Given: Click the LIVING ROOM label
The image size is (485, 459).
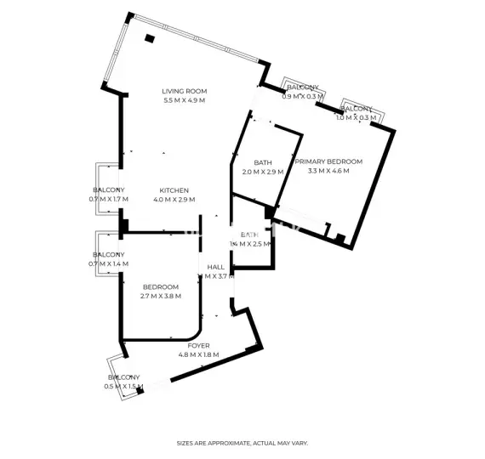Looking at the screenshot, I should (185, 92).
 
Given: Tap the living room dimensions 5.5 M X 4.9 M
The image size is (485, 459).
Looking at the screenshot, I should (185, 101).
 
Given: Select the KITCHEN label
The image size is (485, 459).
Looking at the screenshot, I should (174, 190).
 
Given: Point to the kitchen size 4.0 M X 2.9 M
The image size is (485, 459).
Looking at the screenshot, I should (174, 200).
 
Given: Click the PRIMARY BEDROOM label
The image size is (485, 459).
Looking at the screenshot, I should (328, 161).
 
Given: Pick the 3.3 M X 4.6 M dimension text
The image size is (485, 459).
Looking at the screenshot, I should (328, 171).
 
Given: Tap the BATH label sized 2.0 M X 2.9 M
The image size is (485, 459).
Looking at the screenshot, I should (262, 163).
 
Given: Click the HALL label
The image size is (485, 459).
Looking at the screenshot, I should (215, 268).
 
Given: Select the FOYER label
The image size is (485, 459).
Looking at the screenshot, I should (198, 345).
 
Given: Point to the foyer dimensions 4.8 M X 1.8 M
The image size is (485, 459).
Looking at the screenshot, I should (198, 354).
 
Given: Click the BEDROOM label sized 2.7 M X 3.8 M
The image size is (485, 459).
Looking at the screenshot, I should (160, 287).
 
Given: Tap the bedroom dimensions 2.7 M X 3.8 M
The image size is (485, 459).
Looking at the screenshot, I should (160, 297).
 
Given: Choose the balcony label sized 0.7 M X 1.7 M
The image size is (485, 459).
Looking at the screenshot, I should (108, 190).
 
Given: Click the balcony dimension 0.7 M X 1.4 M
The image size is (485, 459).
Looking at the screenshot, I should (108, 264).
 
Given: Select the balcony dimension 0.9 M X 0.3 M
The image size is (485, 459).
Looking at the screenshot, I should (303, 97).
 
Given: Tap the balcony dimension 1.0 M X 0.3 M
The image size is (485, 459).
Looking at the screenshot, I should (356, 118).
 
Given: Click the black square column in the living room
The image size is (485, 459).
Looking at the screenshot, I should (151, 37).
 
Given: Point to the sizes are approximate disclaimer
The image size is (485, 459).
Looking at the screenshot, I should (242, 443).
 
